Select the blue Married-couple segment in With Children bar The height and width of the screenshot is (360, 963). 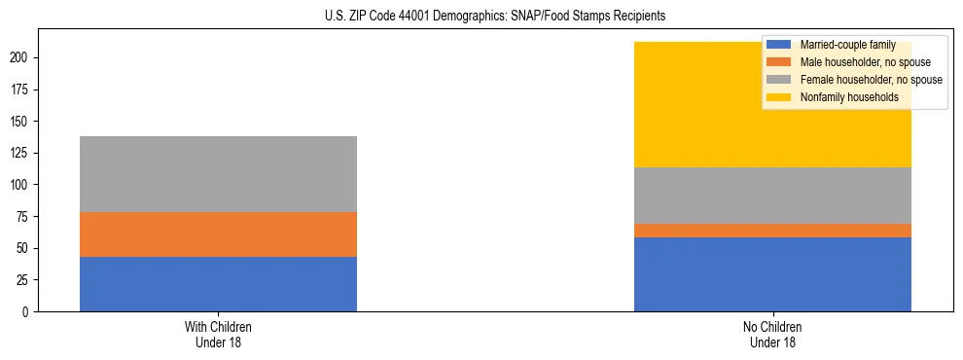click(218, 284)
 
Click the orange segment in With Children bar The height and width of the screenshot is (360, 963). click(218, 234)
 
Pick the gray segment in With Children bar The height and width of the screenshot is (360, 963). click(218, 174)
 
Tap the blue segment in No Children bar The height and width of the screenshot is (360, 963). click(772, 274)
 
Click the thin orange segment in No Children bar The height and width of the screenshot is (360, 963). click(772, 231)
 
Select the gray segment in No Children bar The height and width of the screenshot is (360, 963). click(772, 196)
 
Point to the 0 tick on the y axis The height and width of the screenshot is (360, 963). click(28, 311)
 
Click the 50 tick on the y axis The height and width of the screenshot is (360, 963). click(25, 248)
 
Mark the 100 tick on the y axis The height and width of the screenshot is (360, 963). click(22, 185)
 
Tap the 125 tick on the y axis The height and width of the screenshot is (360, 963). click(22, 153)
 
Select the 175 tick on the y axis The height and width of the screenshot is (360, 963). click(22, 90)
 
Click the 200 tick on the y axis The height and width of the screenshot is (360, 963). click(22, 57)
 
